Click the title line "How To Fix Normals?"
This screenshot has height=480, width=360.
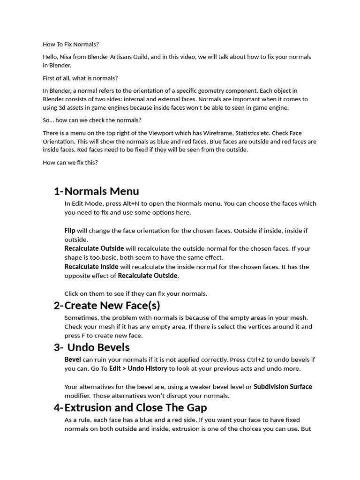tap(71, 44)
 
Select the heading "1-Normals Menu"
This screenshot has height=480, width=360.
tap(96, 191)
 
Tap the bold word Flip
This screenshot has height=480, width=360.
tap(70, 231)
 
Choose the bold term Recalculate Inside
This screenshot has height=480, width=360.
tap(91, 267)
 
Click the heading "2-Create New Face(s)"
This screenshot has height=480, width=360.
tap(107, 306)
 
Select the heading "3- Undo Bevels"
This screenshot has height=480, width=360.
tap(91, 347)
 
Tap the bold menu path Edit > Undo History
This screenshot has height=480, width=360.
tap(138, 368)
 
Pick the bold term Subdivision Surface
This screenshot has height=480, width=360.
tap(283, 387)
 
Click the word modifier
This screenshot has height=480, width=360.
tap(78, 396)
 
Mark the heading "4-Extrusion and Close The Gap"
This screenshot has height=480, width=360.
tap(130, 407)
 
